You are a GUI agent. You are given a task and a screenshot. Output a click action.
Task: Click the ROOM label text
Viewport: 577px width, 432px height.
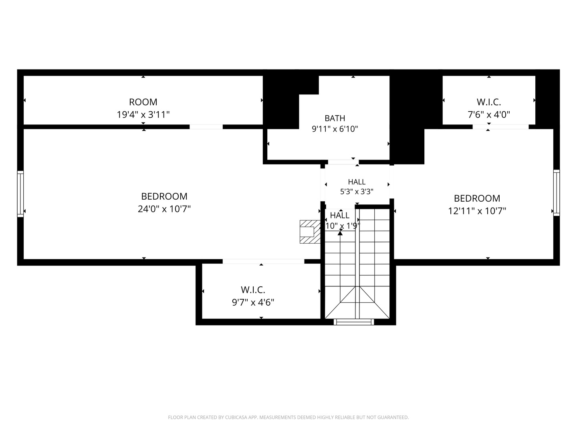point(143,102)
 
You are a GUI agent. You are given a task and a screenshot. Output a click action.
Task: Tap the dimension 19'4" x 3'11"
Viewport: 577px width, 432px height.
point(143,115)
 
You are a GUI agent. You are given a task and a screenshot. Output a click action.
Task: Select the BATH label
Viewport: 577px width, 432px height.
point(335,118)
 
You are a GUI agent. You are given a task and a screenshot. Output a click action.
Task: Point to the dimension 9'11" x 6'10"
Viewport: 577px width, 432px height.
point(335,129)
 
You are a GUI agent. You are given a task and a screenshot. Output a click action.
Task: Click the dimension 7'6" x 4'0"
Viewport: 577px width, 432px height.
point(489,115)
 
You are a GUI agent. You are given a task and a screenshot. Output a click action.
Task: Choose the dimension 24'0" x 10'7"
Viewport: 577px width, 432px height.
point(164,209)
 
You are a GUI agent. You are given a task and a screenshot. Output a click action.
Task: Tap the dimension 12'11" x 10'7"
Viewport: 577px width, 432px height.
point(477,211)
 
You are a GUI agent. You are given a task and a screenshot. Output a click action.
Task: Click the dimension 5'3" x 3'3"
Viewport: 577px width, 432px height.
point(357,192)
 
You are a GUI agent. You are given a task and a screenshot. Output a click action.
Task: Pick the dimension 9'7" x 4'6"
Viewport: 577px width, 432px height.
point(253,302)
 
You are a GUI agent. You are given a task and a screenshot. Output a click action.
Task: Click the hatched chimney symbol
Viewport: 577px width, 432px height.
point(310,232)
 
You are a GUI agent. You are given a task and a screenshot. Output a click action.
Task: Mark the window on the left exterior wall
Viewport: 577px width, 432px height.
point(20,194)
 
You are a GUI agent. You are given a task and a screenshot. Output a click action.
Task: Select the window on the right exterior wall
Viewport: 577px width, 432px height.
point(556,193)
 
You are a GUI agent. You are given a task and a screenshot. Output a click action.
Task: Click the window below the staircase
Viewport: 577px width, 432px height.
point(353,322)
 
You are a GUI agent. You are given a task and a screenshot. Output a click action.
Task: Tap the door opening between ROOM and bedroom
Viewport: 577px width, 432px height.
point(206,127)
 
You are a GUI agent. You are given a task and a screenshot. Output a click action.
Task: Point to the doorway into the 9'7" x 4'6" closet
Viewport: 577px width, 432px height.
point(263,261)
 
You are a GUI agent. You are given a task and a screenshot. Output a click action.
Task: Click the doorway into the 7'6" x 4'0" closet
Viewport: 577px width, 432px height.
point(500,127)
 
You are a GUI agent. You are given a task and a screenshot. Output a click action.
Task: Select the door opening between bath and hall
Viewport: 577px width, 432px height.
point(343,162)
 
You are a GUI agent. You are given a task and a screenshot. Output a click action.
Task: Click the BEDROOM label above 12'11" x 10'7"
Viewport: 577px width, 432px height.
point(477,198)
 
